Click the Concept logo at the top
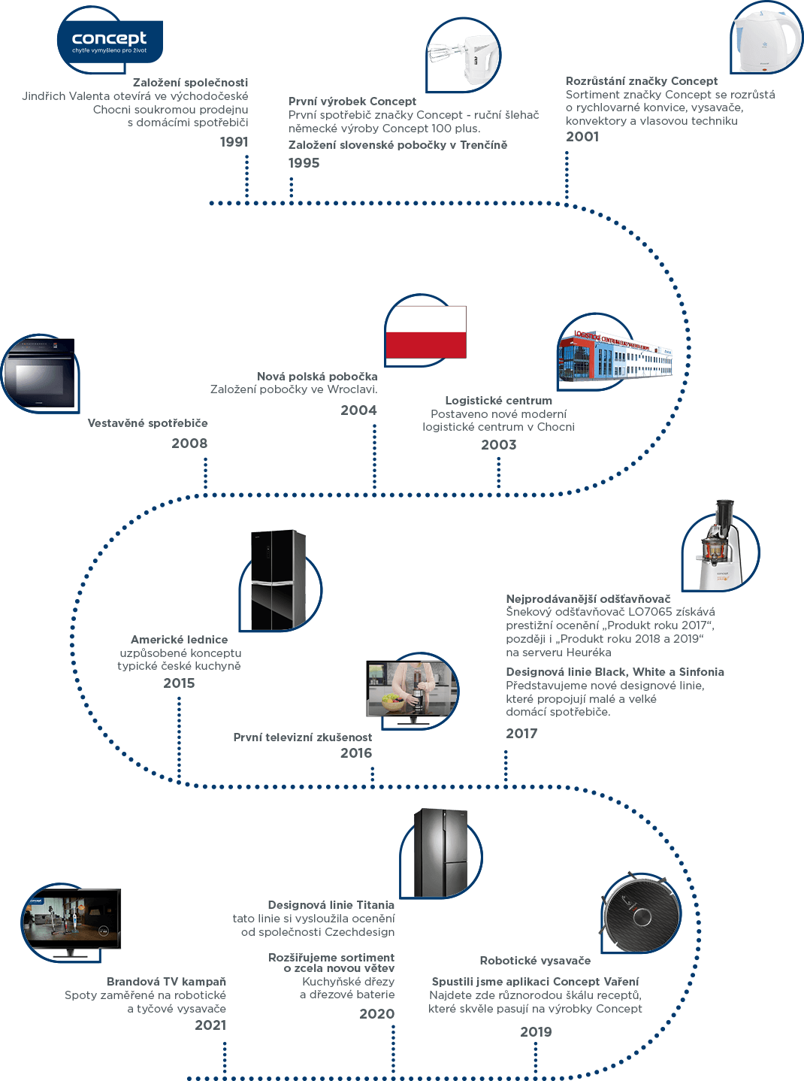tap(110, 41)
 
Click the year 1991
tap(234, 142)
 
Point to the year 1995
tap(304, 163)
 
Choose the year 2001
tap(582, 137)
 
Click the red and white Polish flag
tap(426, 332)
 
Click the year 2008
tap(189, 444)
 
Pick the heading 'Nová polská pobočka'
tap(317, 377)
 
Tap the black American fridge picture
tap(278, 579)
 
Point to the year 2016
tap(355, 753)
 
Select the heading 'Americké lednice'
tap(180, 640)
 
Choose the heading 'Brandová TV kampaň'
tap(166, 982)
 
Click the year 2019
tap(536, 1032)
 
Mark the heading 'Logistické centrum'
tap(498, 401)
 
